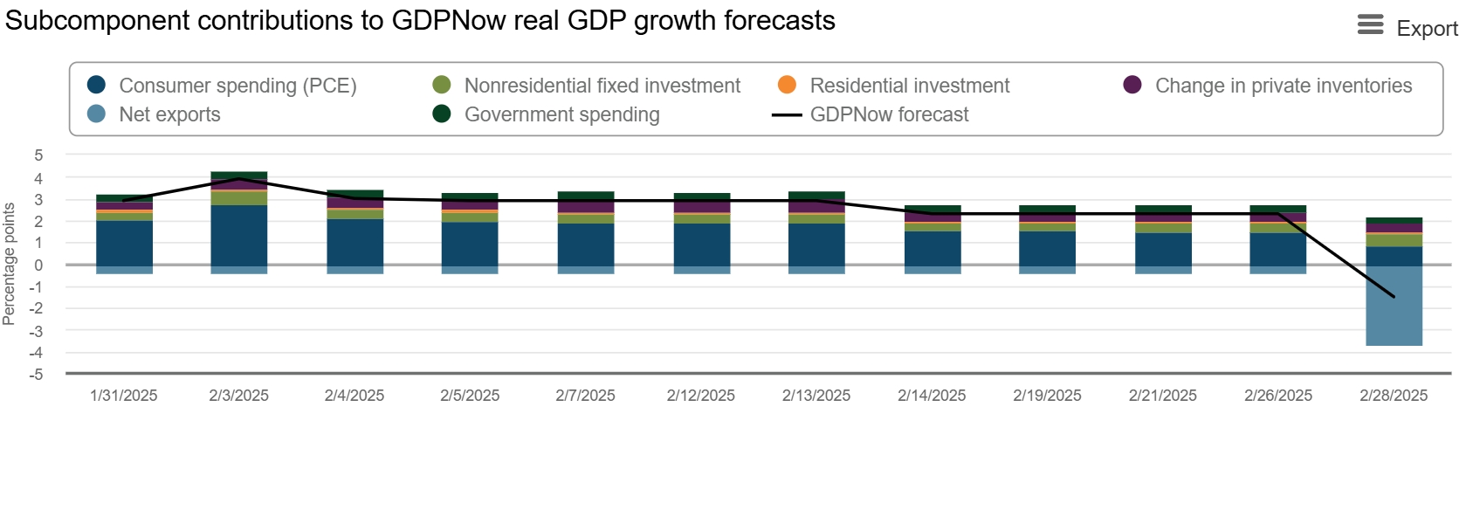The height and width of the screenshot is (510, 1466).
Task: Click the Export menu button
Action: pyautogui.click(x=1407, y=27)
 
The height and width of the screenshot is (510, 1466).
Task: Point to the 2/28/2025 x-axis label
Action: pyautogui.click(x=1394, y=396)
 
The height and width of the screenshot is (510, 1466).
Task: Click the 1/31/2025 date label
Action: pyautogui.click(x=124, y=396)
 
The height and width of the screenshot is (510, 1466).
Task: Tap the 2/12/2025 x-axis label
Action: pyautogui.click(x=701, y=396)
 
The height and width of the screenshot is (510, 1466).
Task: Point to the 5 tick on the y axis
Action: pyautogui.click(x=38, y=155)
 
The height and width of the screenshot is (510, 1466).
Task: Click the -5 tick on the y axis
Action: pyautogui.click(x=36, y=375)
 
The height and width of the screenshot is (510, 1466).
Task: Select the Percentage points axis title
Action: pyautogui.click(x=10, y=264)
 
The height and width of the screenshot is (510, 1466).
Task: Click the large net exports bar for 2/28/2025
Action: pyautogui.click(x=1394, y=306)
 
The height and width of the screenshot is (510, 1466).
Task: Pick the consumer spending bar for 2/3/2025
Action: pyautogui.click(x=239, y=235)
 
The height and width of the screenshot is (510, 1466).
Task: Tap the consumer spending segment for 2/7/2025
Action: pyautogui.click(x=586, y=245)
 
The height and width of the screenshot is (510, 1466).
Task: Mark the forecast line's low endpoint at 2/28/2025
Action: pyautogui.click(x=1394, y=297)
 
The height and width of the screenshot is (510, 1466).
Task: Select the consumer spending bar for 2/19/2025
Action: pyautogui.click(x=1047, y=248)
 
